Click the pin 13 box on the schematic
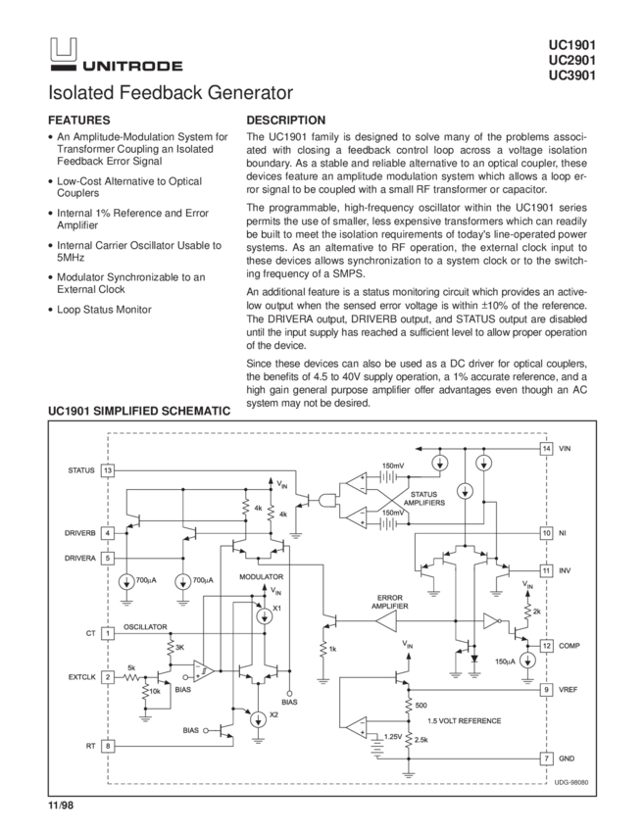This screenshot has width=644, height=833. click(107, 471)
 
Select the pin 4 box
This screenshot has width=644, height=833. click(107, 533)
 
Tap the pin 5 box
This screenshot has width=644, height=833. click(107, 558)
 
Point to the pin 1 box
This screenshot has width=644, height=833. click(107, 633)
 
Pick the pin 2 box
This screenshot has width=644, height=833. click(107, 676)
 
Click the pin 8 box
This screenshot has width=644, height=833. click(107, 746)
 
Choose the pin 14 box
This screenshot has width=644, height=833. click(546, 449)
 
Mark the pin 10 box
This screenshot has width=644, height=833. click(546, 533)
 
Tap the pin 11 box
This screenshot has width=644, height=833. click(546, 569)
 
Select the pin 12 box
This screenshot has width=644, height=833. click(546, 646)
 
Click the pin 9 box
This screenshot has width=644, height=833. click(546, 690)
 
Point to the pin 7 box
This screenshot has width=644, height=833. click(546, 759)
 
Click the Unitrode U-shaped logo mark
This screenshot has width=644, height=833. click(63, 57)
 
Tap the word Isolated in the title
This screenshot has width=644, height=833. click(80, 94)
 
